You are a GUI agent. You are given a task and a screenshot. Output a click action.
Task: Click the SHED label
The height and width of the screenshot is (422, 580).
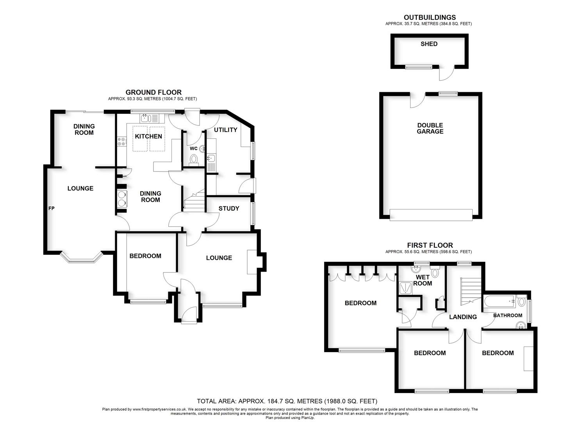[x=429, y=44]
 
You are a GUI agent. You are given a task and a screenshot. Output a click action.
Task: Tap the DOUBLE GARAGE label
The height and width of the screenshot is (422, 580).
[x=430, y=129]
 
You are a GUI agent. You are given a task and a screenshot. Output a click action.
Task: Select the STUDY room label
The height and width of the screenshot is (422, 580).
[x=228, y=209]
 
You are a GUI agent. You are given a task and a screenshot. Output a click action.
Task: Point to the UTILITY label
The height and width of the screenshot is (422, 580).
[x=225, y=130]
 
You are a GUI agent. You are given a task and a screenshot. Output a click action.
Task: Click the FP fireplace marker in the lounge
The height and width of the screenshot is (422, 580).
[x=51, y=209]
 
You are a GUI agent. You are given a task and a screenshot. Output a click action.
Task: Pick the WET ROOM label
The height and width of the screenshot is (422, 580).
[x=423, y=281]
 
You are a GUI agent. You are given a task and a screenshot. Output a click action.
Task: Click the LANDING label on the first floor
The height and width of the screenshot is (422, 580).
[x=463, y=317]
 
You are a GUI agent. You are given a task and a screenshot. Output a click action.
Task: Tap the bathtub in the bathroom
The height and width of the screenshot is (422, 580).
[x=499, y=302]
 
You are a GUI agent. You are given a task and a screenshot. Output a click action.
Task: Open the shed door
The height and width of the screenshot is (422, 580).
[x=447, y=73]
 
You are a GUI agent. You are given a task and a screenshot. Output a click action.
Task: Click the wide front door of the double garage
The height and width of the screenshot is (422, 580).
[x=431, y=215]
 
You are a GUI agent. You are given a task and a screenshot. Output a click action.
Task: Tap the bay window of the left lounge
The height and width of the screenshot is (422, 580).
[x=81, y=258]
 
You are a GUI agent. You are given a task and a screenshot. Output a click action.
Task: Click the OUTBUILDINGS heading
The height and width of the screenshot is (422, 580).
[x=430, y=18]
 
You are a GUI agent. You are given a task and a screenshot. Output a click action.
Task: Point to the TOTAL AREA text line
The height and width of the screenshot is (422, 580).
[x=287, y=401]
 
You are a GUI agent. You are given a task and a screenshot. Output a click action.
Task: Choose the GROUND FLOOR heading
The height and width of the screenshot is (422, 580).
[x=153, y=93]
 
